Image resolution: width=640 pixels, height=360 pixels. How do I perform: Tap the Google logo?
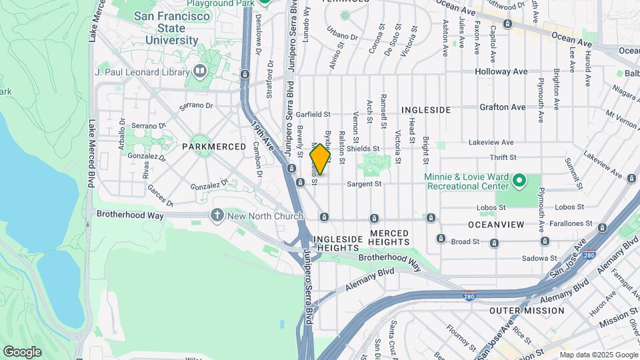(22, 352)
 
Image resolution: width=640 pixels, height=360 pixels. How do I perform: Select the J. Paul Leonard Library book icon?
(200, 71)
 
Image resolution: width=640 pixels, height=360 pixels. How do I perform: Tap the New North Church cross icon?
(217, 215)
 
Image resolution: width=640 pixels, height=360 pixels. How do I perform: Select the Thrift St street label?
(503, 157)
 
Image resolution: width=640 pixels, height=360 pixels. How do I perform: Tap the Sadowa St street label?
(539, 258)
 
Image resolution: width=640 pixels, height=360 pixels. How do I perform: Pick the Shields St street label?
(363, 149)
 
